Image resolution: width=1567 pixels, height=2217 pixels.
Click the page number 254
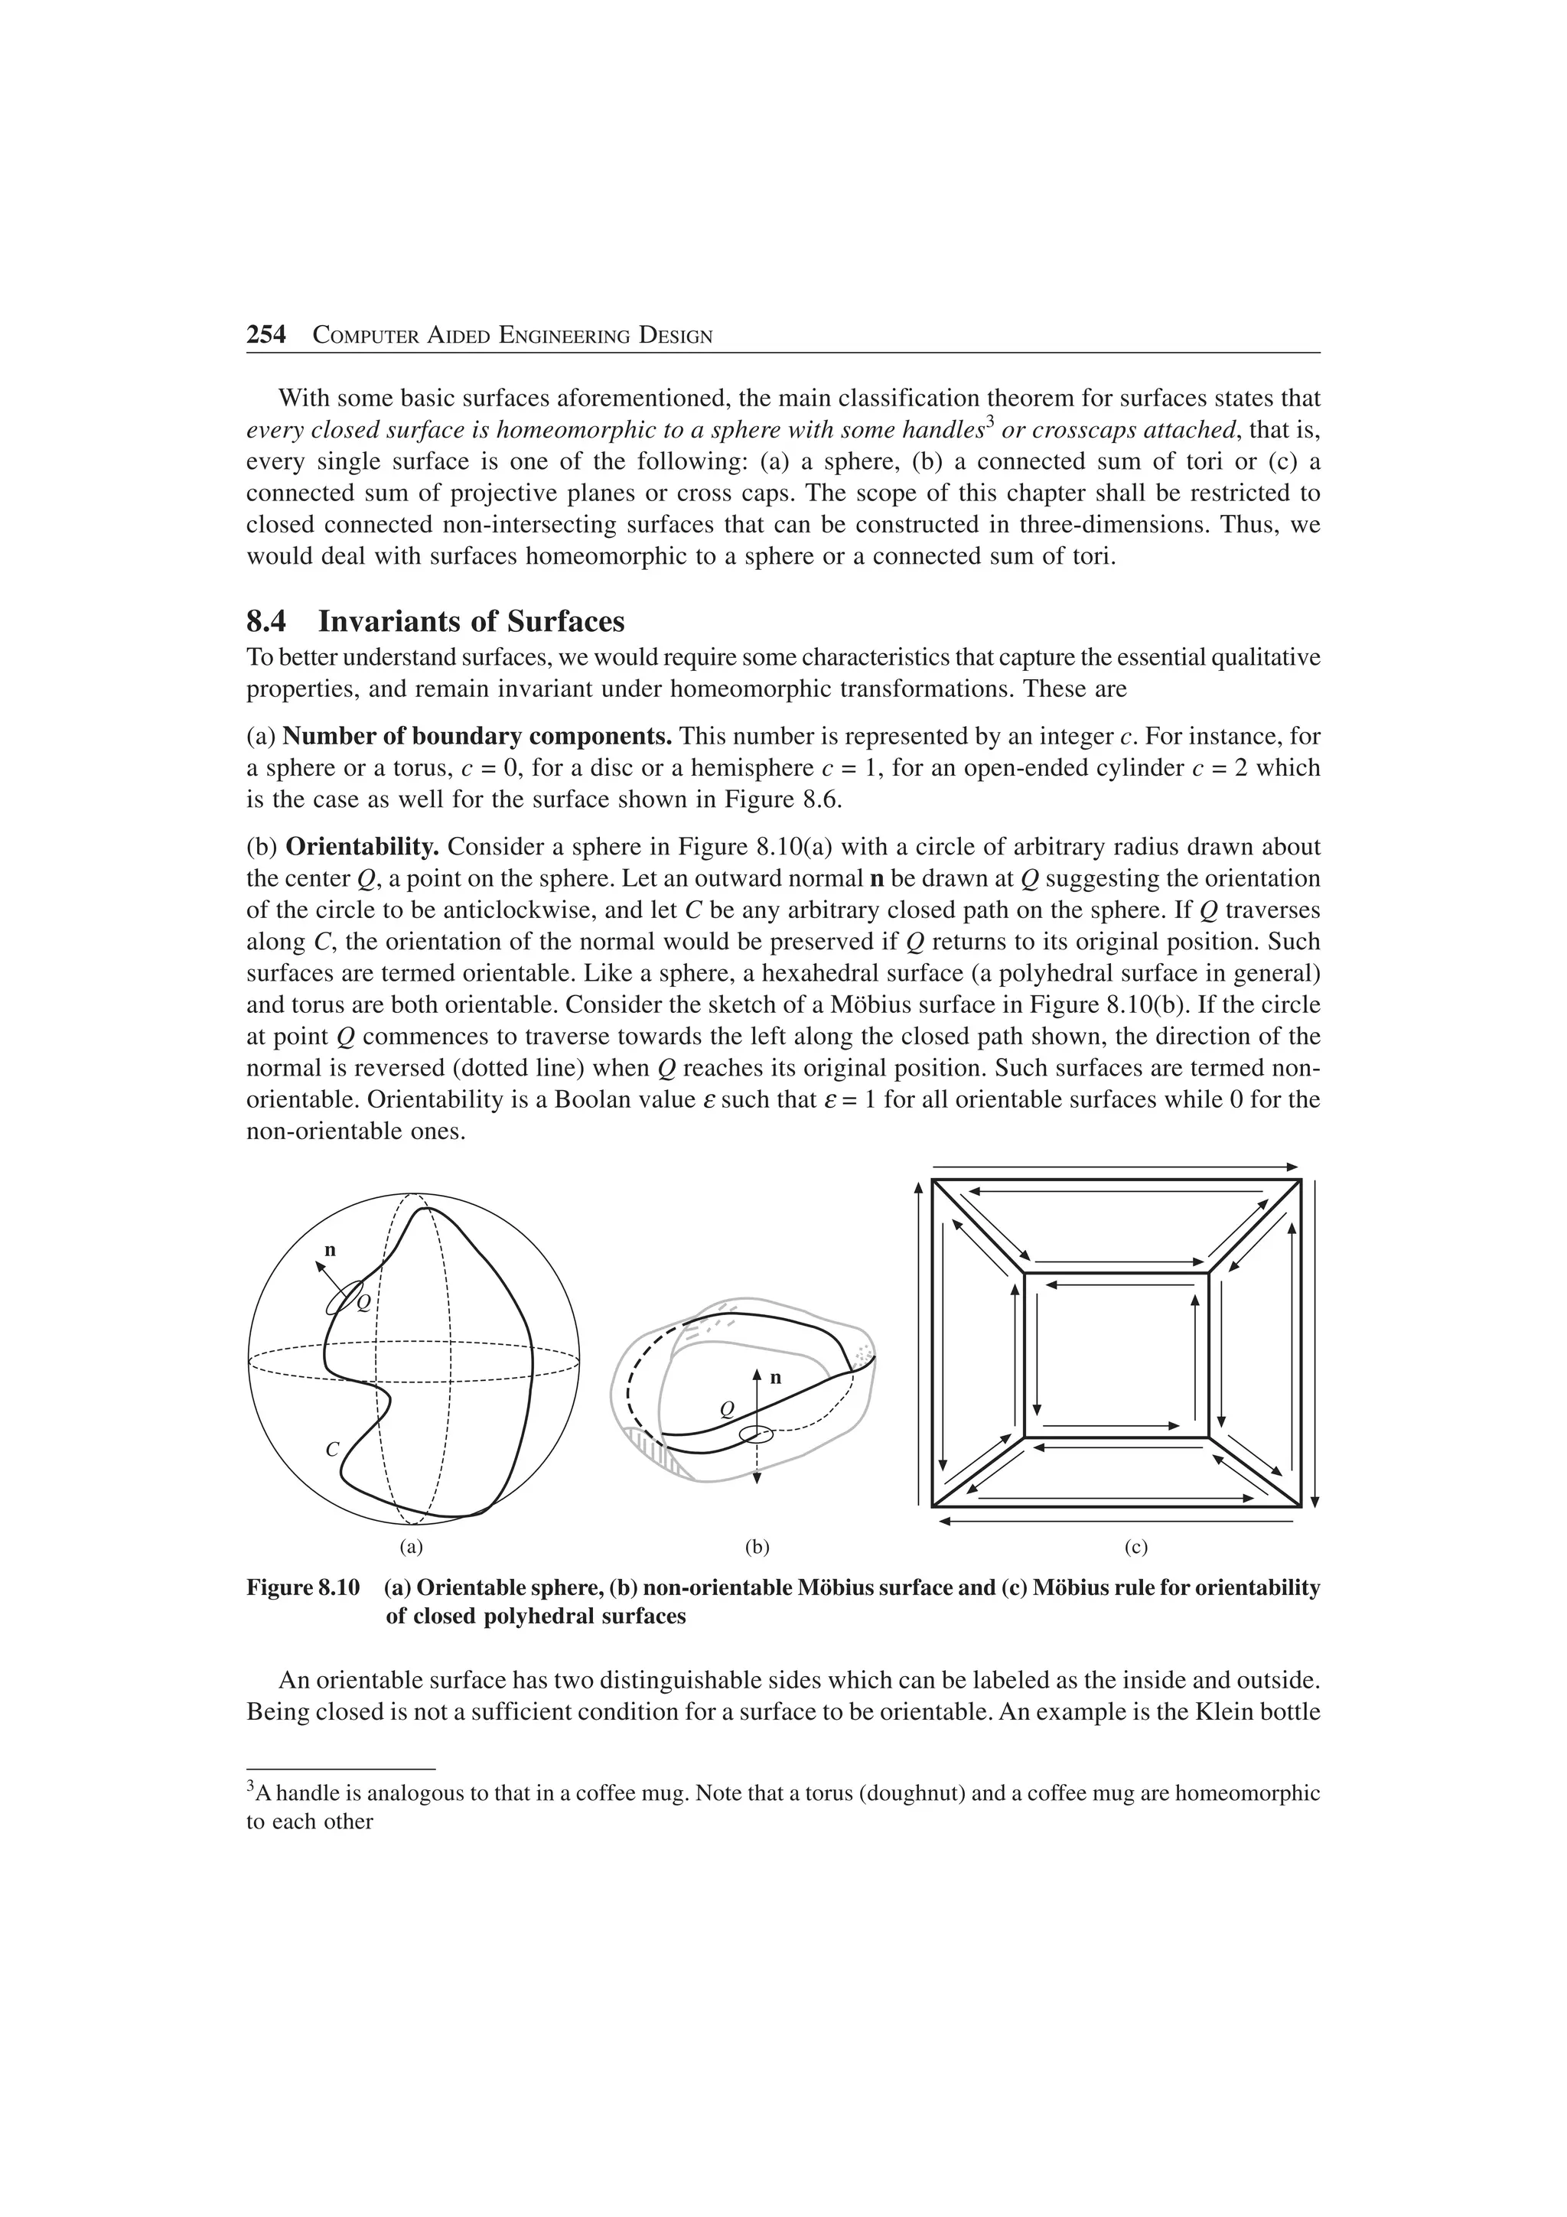pos(266,335)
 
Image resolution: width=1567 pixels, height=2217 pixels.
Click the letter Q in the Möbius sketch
pos(728,1411)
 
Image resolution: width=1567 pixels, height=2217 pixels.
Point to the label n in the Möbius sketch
pos(774,1377)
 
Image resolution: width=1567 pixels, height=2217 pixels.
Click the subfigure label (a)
pos(412,1547)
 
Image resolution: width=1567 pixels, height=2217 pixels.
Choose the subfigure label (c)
pos(1135,1547)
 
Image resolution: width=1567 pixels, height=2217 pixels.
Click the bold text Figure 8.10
pos(303,1587)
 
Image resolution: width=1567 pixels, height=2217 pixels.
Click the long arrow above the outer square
pos(1115,1167)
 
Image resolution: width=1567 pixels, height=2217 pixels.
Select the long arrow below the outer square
pos(1115,1522)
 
